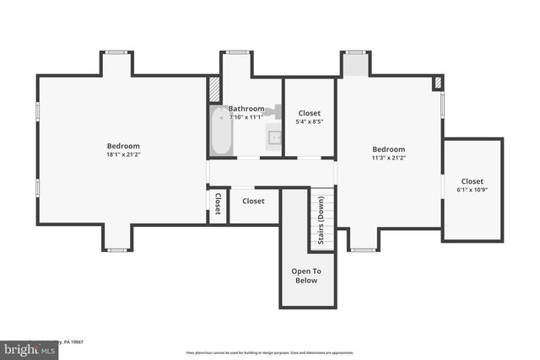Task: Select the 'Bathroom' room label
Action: click(x=246, y=109)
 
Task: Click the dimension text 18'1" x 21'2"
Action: click(x=123, y=155)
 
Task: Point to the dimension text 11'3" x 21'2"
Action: click(x=389, y=159)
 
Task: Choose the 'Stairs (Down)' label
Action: click(x=321, y=221)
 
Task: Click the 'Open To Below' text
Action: click(x=305, y=276)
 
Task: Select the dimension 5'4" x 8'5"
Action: click(x=310, y=122)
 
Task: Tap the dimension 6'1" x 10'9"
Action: click(x=472, y=190)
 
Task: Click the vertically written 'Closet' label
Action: click(x=218, y=204)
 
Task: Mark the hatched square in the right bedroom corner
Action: click(x=437, y=83)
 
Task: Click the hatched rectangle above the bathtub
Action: click(x=214, y=89)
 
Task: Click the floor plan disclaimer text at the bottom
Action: click(x=270, y=352)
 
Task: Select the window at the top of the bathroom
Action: click(x=238, y=52)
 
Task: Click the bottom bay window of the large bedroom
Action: click(x=116, y=250)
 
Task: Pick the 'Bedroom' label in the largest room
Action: click(x=123, y=146)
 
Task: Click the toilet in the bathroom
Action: click(x=272, y=110)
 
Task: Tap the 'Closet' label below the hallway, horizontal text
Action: click(x=253, y=201)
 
